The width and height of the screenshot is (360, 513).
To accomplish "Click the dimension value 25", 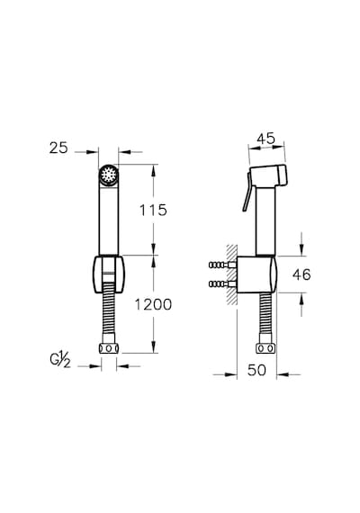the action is pyautogui.click(x=58, y=148).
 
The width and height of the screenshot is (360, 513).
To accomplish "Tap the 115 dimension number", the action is pyautogui.click(x=153, y=210).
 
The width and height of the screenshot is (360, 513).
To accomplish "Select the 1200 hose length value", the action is pyautogui.click(x=154, y=305).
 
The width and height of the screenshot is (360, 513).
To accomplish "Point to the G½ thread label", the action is pyautogui.click(x=60, y=360).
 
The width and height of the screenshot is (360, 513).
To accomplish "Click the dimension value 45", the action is pyautogui.click(x=266, y=139).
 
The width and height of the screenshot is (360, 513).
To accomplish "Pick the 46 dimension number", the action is pyautogui.click(x=301, y=274).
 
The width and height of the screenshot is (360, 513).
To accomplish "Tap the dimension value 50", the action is pyautogui.click(x=256, y=371).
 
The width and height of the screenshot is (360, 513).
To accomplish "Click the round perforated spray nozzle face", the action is pyautogui.click(x=108, y=175).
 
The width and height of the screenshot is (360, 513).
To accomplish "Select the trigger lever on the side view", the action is pyautogui.click(x=247, y=193).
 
